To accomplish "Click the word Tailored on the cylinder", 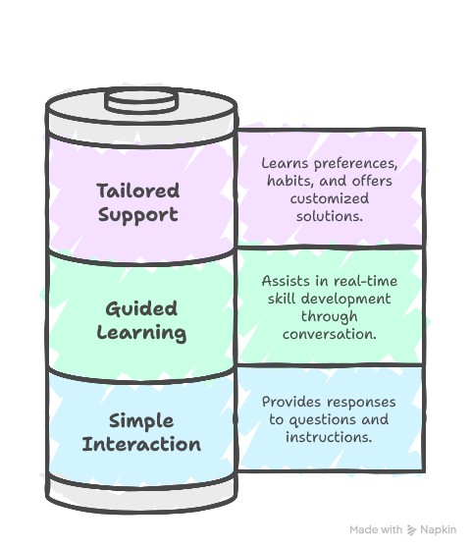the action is point(138,191).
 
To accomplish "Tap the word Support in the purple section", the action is point(138,215).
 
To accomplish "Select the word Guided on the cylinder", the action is point(141,309).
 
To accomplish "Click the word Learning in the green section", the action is point(141,333).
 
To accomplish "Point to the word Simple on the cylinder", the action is point(141,421).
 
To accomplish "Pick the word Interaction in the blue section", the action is point(141,444).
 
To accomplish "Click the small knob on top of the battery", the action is point(141,101).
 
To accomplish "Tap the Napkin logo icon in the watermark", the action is point(412,530).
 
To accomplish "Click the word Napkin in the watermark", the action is point(439,529).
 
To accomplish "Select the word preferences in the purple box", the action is point(355,164).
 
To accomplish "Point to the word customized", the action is point(330,198).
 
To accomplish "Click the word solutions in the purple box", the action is point(330,216).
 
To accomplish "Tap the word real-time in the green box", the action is point(366,281).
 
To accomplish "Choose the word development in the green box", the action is point(345,300).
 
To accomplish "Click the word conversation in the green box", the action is point(330,334).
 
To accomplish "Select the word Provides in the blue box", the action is point(291,402).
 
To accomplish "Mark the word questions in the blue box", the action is point(323,420).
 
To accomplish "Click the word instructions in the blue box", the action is point(329,437).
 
